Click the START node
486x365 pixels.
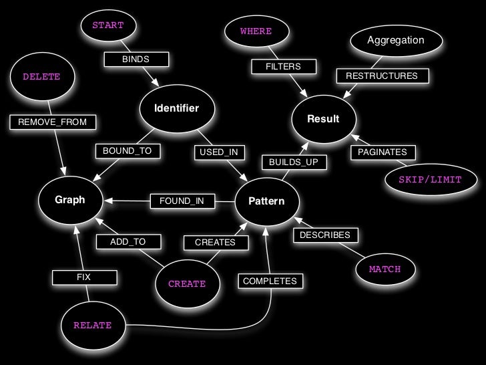[x=107, y=26]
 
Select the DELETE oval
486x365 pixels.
[x=41, y=77]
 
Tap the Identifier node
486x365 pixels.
[x=176, y=108]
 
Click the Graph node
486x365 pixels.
[x=70, y=200]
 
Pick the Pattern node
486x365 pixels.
[x=266, y=201]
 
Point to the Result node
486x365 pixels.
[x=323, y=119]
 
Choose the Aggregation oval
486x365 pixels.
[x=395, y=40]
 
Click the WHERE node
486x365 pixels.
[x=256, y=31]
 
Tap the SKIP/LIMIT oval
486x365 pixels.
[x=430, y=180]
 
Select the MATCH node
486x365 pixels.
[x=385, y=269]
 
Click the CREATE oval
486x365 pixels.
[x=187, y=283]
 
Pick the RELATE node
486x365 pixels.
[x=92, y=325]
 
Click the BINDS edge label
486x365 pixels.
[x=136, y=60]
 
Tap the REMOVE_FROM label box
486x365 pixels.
[x=53, y=122]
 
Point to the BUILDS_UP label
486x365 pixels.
[x=294, y=162]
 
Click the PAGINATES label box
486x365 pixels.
[x=382, y=153]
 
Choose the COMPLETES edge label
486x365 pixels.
[x=270, y=281]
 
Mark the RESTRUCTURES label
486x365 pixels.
[x=381, y=76]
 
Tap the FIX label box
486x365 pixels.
[x=83, y=276]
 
